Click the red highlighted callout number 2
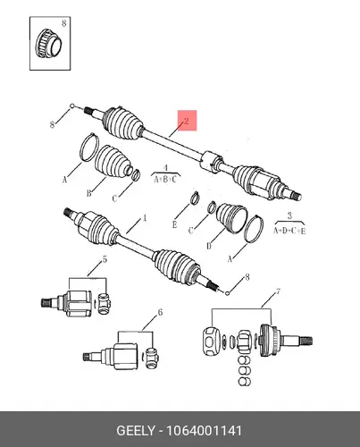[x=187, y=121]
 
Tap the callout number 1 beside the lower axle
[x=145, y=218]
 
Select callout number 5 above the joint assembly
[x=105, y=259]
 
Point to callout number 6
[x=160, y=312]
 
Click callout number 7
[x=278, y=291]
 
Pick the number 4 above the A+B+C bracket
[x=166, y=168]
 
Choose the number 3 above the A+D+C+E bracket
[x=289, y=215]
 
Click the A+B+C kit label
[x=165, y=180]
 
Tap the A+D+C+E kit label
[x=289, y=231]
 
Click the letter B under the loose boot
[x=88, y=193]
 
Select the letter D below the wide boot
[x=209, y=246]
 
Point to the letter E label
[x=174, y=224]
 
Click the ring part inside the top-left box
[x=48, y=45]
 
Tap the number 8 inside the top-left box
[x=64, y=23]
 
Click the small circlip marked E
[x=195, y=198]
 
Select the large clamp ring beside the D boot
[x=254, y=229]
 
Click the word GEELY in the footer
[x=136, y=431]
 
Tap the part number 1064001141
[x=204, y=431]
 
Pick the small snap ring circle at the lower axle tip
[x=228, y=293]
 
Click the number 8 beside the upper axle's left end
[x=52, y=124]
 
